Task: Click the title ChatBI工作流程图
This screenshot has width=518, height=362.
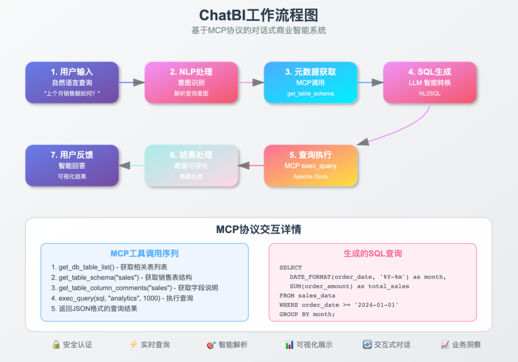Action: (x=258, y=14)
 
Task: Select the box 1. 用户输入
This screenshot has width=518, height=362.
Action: (x=72, y=82)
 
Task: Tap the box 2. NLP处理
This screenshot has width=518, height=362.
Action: (x=191, y=82)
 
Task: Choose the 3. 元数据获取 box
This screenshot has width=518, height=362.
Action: (x=310, y=82)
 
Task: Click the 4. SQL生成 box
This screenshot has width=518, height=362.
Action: (x=429, y=82)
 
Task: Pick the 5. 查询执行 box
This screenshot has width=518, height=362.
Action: (x=310, y=166)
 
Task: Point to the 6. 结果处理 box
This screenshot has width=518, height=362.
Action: (x=191, y=166)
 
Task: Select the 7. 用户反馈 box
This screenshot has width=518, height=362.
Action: (x=72, y=166)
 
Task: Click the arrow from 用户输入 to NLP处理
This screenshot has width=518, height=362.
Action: (x=132, y=82)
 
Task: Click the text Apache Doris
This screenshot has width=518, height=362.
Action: (x=310, y=177)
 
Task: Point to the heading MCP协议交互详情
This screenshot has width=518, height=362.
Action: (x=258, y=230)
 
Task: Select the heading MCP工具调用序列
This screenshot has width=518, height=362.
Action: (x=144, y=254)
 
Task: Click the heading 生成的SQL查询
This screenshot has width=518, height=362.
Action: (x=373, y=254)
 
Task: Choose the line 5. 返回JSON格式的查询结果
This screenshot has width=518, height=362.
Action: (x=94, y=308)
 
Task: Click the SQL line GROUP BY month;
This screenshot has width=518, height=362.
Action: (x=307, y=314)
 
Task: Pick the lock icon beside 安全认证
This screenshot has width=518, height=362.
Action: (x=56, y=344)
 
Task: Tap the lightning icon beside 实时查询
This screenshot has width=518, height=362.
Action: (x=133, y=344)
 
